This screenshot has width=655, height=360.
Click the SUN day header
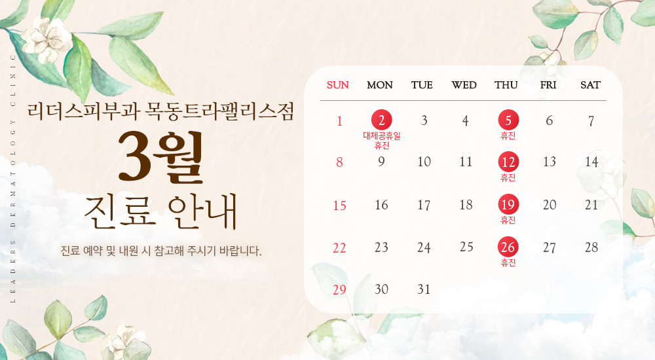tap(338, 85)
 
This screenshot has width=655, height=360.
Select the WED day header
tap(464, 85)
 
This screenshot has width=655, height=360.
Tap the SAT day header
tap(590, 85)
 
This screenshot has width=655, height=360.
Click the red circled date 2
tap(381, 120)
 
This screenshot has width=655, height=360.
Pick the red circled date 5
tap(508, 120)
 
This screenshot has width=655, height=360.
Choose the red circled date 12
tap(508, 162)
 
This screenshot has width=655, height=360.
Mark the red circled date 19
tap(508, 204)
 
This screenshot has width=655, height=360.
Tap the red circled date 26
tap(508, 247)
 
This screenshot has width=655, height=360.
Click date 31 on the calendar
tap(424, 289)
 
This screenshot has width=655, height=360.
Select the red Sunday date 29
tap(339, 289)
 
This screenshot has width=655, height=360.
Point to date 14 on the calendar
tap(591, 162)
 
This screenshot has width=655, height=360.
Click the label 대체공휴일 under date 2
tap(381, 135)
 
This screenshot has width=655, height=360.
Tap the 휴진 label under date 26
tap(508, 263)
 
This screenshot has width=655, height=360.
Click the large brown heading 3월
tap(160, 157)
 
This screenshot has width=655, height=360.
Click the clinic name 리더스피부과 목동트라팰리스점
tap(160, 111)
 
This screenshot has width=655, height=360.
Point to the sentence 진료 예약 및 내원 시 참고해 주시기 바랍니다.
tap(160, 251)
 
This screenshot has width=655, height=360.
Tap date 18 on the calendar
tap(466, 205)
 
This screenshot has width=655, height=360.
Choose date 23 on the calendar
tap(381, 247)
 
